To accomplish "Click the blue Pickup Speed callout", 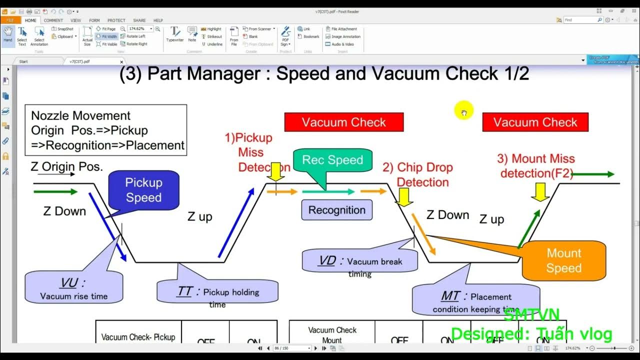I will [143, 190].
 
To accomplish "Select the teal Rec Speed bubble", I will [332, 160].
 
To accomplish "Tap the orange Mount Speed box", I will [563, 260].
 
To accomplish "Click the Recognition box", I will [336, 210].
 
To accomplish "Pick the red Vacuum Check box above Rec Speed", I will [343, 122].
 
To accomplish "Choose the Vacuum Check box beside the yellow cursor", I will [535, 122].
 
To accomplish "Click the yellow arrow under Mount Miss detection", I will [540, 192].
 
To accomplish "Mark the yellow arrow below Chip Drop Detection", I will [403, 197].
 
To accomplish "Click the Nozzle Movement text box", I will [105, 130].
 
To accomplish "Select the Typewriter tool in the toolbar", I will [174, 34].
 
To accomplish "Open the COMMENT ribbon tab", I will [53, 20].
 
